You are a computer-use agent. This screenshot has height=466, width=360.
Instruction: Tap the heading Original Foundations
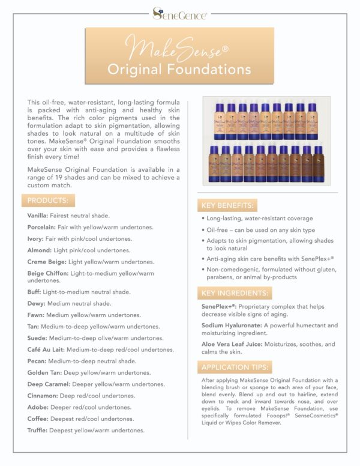(x=180, y=68)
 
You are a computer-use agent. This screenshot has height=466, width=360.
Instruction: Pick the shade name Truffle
(x=38, y=431)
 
